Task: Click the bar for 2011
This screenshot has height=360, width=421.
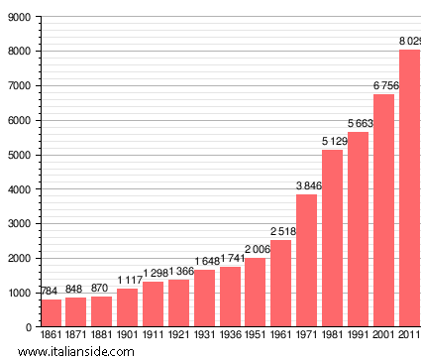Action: coord(409,188)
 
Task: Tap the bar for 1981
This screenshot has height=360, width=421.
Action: coord(332,238)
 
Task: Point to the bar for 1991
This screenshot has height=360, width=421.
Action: coord(358,229)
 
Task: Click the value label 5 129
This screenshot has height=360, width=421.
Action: coord(332,142)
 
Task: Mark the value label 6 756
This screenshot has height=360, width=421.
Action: coord(383,86)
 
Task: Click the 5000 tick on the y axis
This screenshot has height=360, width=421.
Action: coord(18,155)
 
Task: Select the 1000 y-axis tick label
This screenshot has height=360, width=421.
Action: coord(18,293)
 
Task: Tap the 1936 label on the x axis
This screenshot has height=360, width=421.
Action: coord(230,336)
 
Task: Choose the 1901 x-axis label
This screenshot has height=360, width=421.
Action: coord(128,336)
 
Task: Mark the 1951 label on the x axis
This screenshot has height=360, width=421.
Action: coord(256,336)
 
